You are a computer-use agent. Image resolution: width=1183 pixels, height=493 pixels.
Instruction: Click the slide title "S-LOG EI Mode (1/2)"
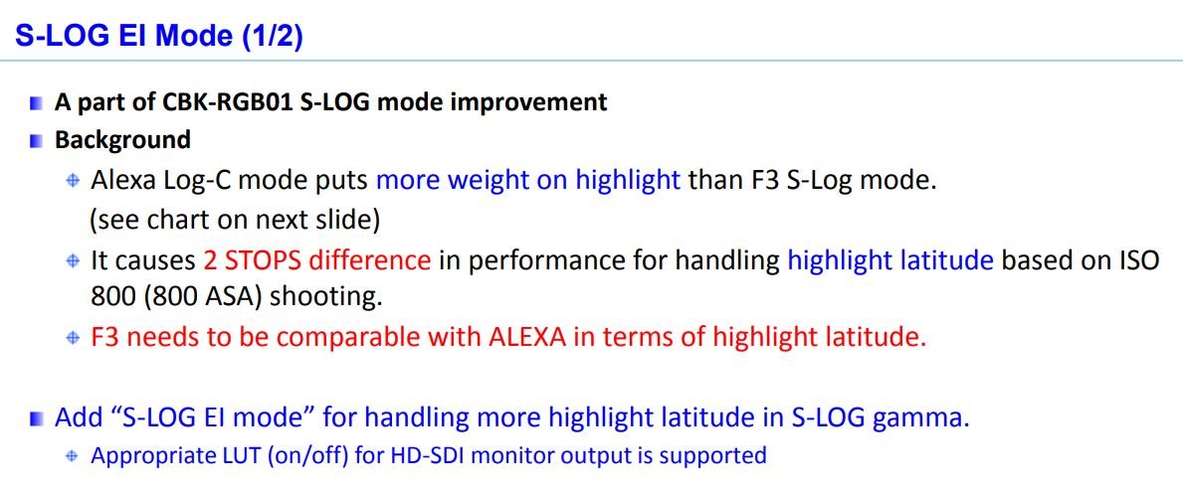[x=159, y=36]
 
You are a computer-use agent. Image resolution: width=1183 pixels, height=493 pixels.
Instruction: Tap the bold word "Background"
[x=122, y=139]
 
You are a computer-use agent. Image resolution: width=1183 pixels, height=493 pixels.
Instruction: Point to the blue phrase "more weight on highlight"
[x=528, y=181]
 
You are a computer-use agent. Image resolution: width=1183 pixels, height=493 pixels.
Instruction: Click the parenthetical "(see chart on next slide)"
[x=235, y=220]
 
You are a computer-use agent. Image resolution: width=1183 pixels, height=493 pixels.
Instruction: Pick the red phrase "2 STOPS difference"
[x=316, y=260]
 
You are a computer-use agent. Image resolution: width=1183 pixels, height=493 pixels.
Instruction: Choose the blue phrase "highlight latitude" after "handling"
[x=890, y=260]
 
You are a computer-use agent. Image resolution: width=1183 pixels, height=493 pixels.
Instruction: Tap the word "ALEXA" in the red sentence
[x=528, y=336]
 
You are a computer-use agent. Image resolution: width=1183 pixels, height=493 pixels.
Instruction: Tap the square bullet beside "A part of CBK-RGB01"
[x=37, y=103]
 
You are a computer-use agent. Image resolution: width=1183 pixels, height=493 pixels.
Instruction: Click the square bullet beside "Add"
[x=37, y=419]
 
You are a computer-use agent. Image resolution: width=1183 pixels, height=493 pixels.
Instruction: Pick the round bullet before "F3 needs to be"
[x=73, y=338]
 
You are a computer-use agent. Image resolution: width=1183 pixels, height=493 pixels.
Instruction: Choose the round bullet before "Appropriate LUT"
[x=73, y=456]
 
